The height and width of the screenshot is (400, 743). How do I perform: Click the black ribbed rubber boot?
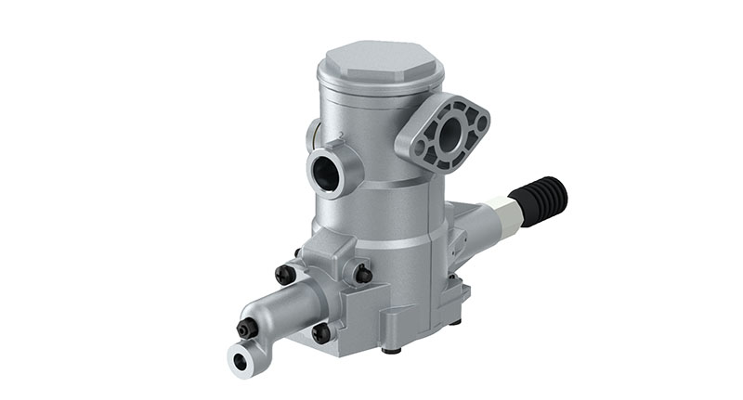[543, 200]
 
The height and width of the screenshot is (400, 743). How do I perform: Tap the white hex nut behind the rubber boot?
[507, 214]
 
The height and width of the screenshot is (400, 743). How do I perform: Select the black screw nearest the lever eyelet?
[247, 328]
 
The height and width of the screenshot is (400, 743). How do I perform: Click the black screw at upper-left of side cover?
[284, 275]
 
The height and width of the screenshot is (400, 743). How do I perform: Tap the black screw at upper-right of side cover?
[363, 274]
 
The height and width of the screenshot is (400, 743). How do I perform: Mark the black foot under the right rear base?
[455, 321]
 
